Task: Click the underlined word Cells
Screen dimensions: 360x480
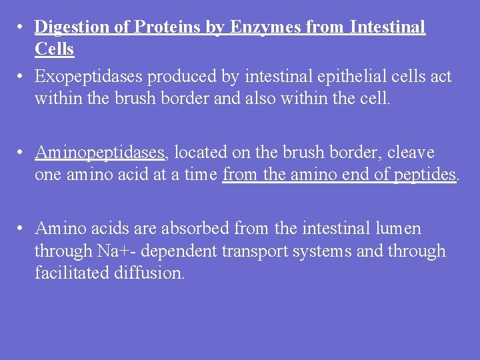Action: point(54,49)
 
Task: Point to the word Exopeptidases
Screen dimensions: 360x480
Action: point(89,77)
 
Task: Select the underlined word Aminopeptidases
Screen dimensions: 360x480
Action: point(100,153)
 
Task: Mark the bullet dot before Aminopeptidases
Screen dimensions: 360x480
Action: point(22,153)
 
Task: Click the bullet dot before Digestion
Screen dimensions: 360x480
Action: point(22,28)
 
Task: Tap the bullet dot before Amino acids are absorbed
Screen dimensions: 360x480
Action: point(22,229)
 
